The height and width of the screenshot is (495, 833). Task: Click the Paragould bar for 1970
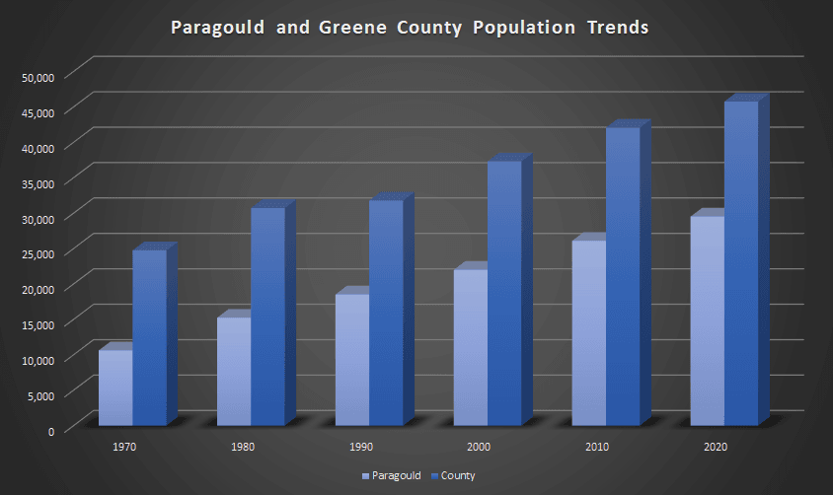pos(115,389)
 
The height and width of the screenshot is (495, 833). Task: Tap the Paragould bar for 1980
pos(234,372)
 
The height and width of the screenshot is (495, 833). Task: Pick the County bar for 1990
pos(386,313)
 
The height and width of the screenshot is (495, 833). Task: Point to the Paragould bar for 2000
pos(471,347)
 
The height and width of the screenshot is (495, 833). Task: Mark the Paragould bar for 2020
pos(707,321)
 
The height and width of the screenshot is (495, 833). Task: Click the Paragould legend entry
pos(393,476)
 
